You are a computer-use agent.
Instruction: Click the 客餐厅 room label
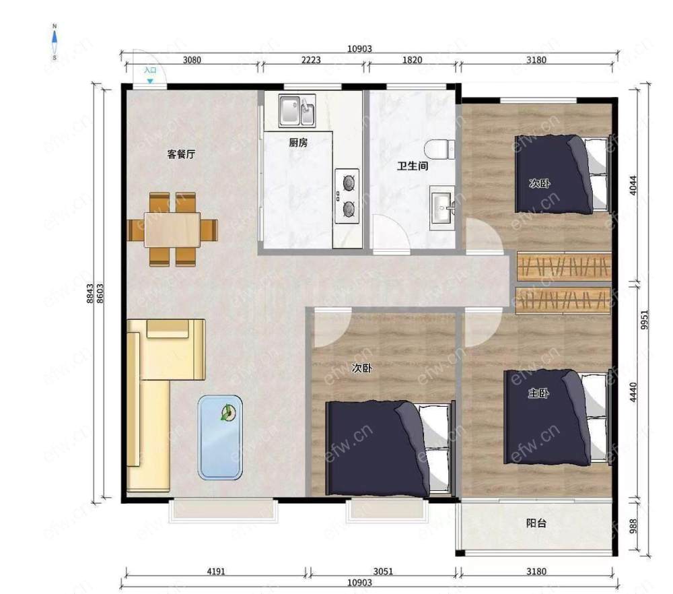click(181, 154)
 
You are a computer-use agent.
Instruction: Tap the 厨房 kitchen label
click(298, 142)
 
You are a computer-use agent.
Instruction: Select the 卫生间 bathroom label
click(413, 166)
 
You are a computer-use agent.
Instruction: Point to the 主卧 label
click(538, 393)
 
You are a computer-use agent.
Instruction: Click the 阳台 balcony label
click(536, 523)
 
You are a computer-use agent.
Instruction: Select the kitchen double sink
click(297, 111)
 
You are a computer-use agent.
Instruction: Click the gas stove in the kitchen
click(347, 196)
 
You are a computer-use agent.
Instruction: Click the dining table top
click(172, 230)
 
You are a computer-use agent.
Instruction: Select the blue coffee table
click(220, 437)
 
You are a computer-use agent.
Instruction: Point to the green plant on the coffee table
click(227, 414)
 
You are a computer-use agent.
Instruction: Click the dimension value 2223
click(311, 60)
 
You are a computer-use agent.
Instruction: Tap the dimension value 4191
click(216, 571)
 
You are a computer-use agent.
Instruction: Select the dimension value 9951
click(644, 319)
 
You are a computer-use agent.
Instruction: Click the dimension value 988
click(633, 526)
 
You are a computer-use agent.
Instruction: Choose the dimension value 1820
click(412, 60)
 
